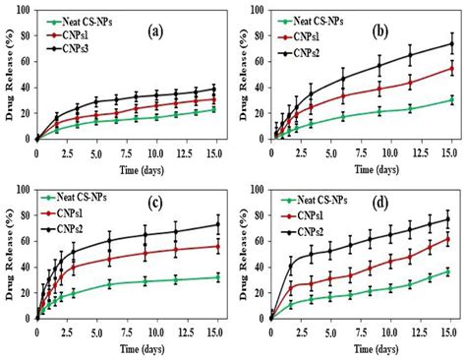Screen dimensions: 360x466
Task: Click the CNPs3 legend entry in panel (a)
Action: (86, 49)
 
